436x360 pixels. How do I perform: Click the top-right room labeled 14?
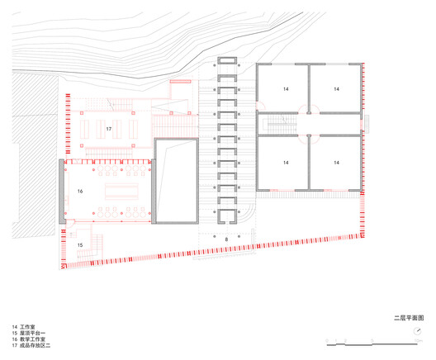336,88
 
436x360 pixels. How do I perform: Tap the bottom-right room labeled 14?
336,163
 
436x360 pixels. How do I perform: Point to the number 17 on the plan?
108,130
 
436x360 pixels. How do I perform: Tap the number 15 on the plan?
81,245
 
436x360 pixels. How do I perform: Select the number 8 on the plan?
226,239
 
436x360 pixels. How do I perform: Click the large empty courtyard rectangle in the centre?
177,182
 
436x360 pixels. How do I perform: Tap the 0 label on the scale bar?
328,344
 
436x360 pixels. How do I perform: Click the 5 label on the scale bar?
374,344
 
